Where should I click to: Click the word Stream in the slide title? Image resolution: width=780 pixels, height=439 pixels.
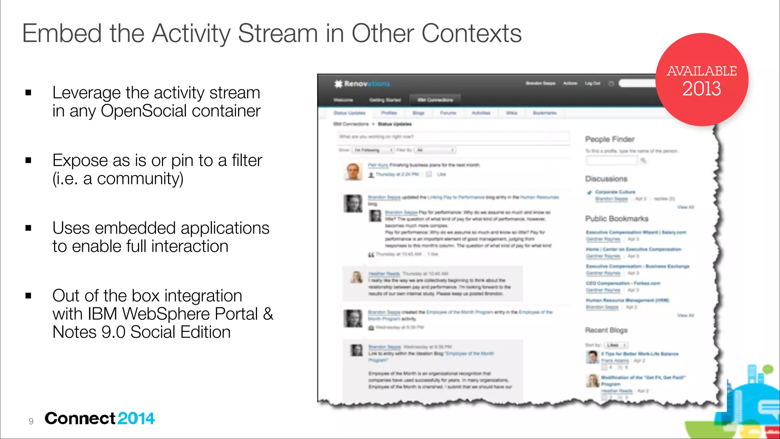[x=278, y=34]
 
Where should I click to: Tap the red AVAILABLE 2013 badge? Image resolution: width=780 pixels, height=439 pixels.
[x=702, y=80]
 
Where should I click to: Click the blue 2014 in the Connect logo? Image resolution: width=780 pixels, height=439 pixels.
[x=136, y=418]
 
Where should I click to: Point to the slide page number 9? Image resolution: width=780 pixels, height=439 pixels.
[x=31, y=421]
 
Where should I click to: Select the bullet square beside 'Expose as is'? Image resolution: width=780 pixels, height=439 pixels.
[x=28, y=160]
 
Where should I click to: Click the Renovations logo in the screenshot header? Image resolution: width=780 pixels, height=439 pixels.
[x=362, y=84]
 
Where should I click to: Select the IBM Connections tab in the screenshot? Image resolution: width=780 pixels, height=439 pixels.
[x=435, y=100]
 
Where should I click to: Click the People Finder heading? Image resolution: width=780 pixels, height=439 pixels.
[x=610, y=139]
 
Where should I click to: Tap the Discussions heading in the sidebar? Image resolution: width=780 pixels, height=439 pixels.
[x=606, y=179]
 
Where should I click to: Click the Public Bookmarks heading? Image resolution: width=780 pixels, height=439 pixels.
[x=617, y=219]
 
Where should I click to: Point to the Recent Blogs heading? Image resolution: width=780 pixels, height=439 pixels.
[x=606, y=330]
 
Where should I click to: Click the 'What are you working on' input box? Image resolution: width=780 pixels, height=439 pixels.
[x=453, y=137]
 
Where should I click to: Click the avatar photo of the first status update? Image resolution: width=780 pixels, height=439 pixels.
[x=353, y=171]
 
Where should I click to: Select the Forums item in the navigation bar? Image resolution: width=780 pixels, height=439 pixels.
[x=448, y=113]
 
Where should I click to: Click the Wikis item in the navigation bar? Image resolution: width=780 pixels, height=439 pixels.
[x=511, y=113]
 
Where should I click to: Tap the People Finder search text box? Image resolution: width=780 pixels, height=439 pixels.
[x=611, y=161]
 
